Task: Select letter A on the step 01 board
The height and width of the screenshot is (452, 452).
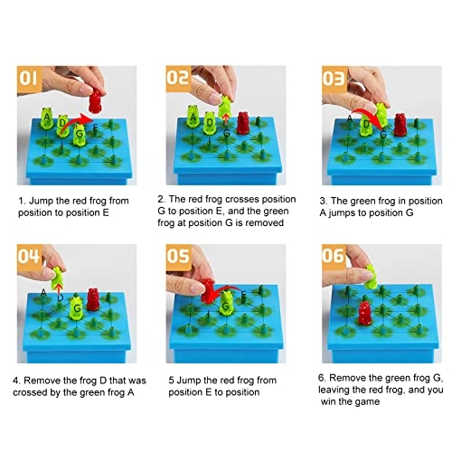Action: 46,117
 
